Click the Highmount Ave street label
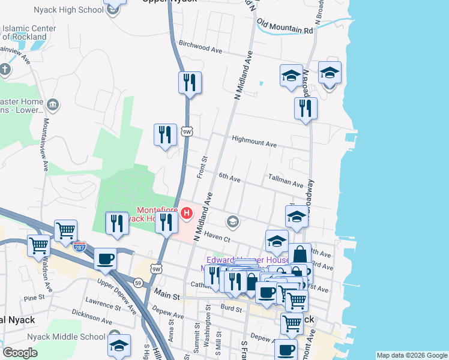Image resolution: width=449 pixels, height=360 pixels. [x=255, y=145]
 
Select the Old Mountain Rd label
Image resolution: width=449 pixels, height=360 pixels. [x=285, y=26]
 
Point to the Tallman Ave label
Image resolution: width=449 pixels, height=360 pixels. [x=286, y=182]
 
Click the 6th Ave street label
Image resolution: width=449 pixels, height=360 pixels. [x=229, y=179]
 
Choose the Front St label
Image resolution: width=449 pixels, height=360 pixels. [x=202, y=167]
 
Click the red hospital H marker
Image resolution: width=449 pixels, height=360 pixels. [x=187, y=212]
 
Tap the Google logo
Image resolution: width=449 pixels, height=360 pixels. [x=20, y=353]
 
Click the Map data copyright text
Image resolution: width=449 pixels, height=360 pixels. [x=412, y=356]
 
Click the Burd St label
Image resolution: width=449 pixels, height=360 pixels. [x=231, y=308]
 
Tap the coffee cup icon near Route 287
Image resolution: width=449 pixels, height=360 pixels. [x=106, y=259]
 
